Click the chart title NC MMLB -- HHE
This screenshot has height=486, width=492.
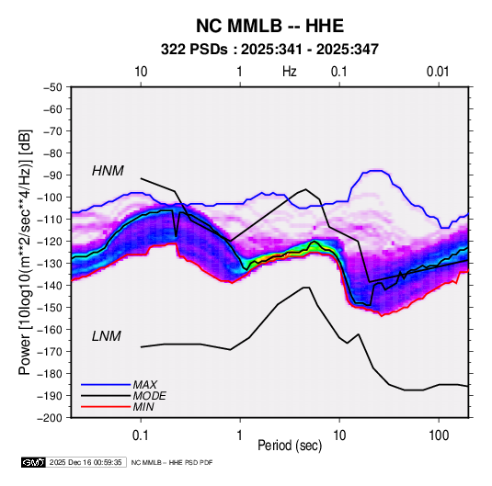(x=269, y=26)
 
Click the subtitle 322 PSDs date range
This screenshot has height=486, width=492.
(x=269, y=50)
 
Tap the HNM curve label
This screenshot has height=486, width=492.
(x=108, y=171)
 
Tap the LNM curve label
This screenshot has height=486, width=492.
(x=106, y=336)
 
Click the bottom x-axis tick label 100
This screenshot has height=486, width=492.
(x=439, y=435)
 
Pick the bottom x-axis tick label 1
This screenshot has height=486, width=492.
(x=240, y=435)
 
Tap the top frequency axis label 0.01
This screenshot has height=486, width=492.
(x=438, y=72)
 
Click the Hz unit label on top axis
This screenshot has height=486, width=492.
(x=290, y=72)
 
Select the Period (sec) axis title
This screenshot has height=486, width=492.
(x=290, y=446)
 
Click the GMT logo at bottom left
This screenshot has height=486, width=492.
(x=34, y=462)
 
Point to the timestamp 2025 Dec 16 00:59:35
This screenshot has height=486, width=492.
(x=86, y=462)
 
